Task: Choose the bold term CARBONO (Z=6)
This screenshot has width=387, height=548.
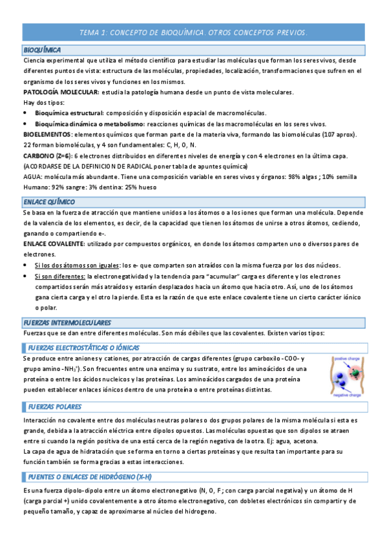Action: pyautogui.click(x=47, y=156)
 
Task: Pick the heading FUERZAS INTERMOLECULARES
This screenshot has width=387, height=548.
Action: pyautogui.click(x=67, y=322)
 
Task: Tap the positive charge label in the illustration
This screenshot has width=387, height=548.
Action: pyautogui.click(x=348, y=359)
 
